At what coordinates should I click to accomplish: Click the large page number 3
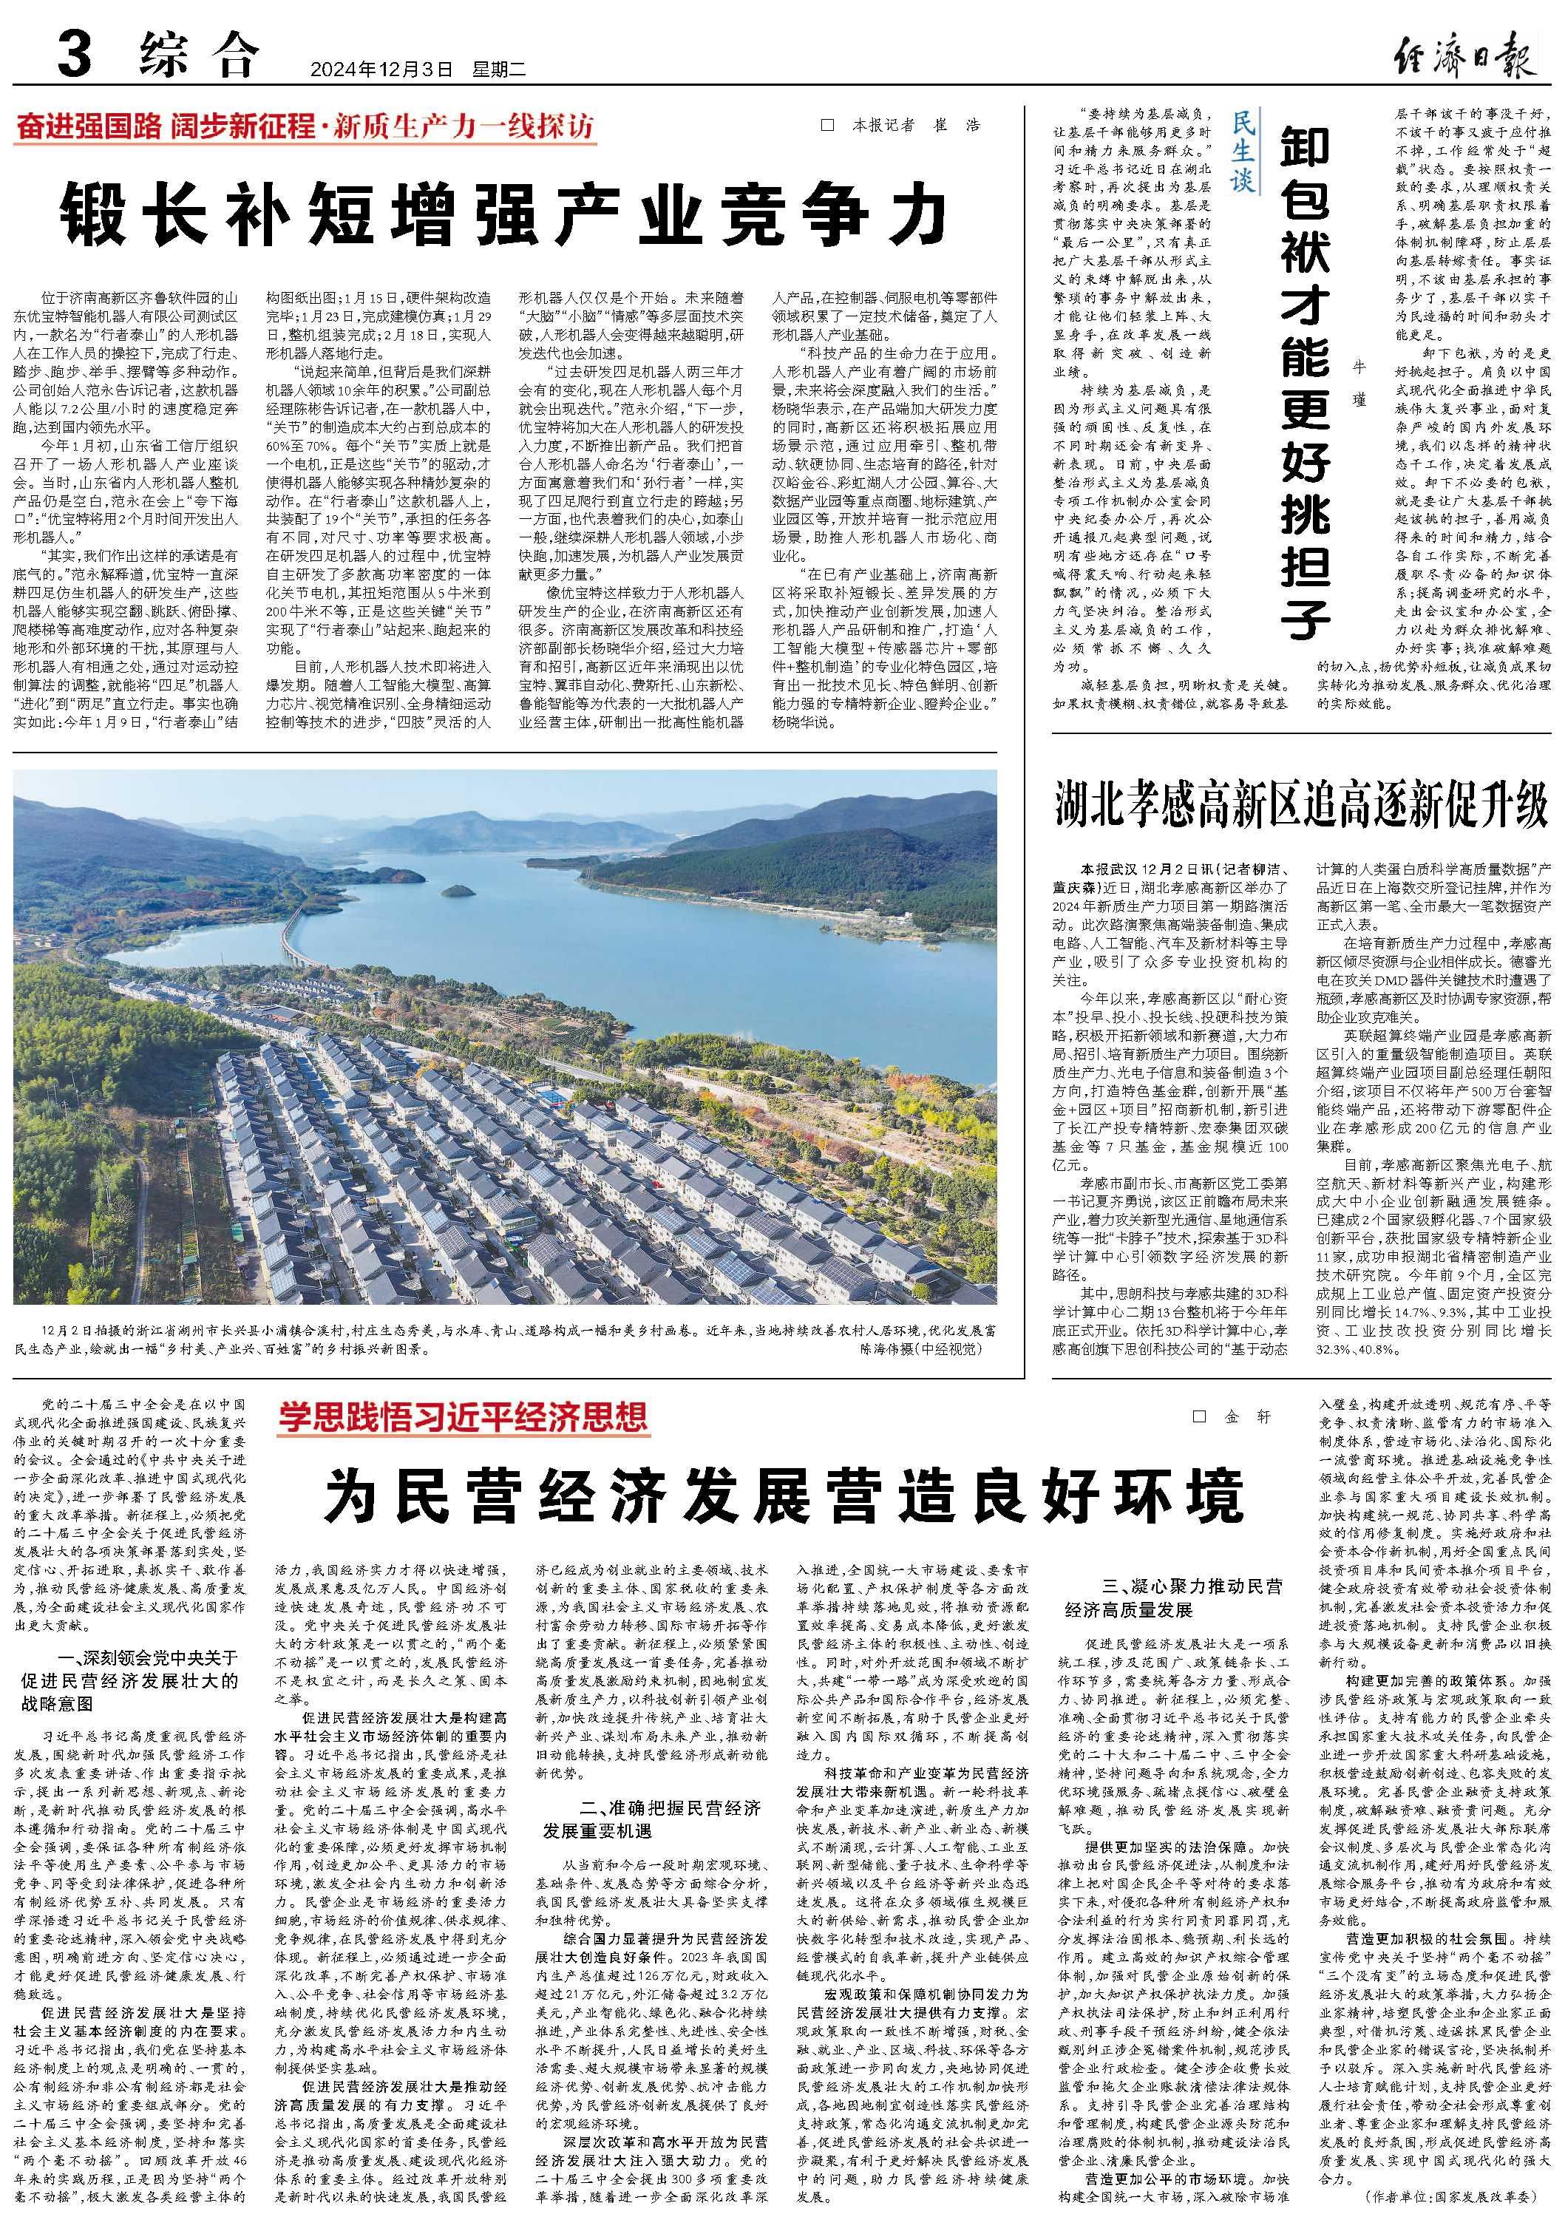(75, 55)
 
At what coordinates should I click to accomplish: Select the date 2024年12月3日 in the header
(381, 69)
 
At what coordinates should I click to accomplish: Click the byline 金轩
(1234, 1416)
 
